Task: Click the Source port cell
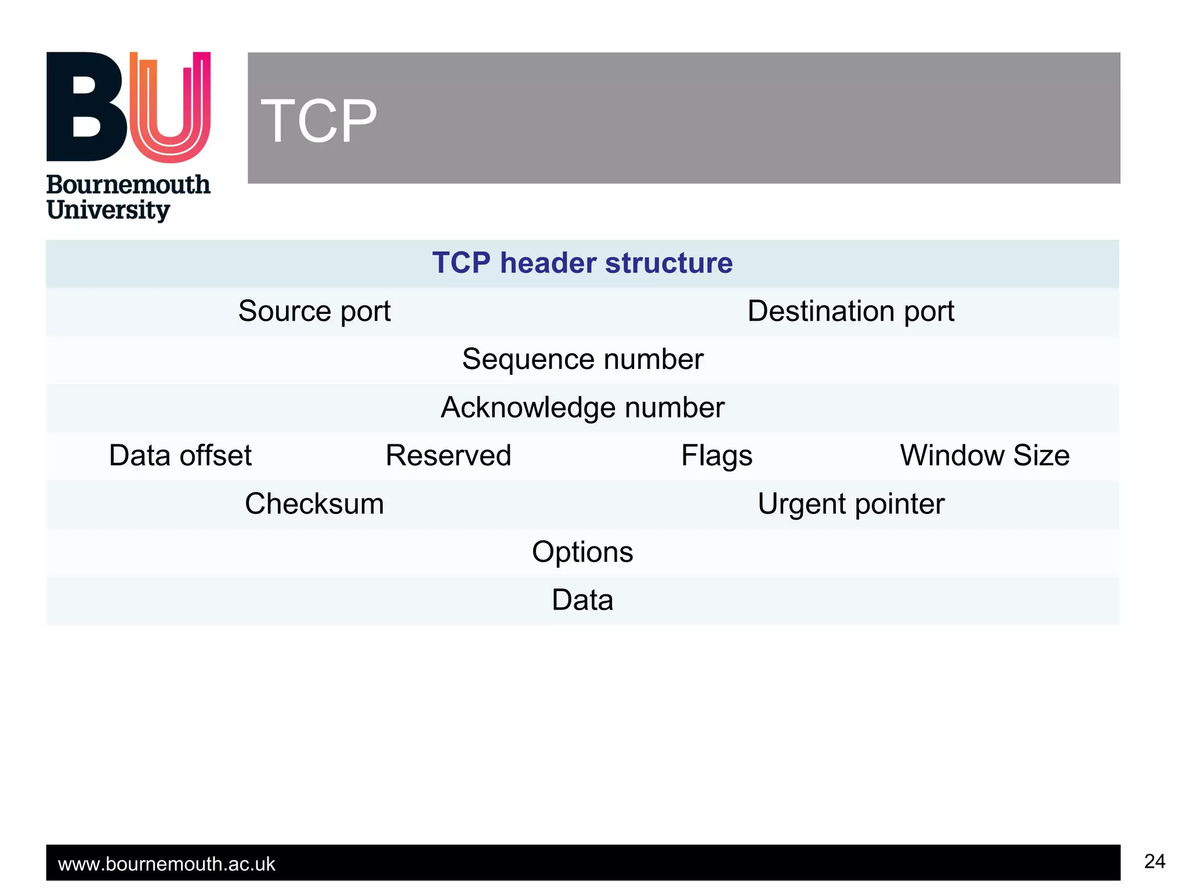314,312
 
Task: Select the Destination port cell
850,312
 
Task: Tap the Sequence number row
582,360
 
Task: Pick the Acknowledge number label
582,408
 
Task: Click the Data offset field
180,456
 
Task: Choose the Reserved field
448,456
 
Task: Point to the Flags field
716,456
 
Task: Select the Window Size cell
984,456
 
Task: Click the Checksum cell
314,504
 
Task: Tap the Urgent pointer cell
850,504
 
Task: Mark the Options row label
582,552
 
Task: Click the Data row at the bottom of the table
582,600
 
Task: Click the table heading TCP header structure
582,263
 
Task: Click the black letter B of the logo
87,107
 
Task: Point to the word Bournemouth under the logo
128,185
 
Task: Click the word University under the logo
108,210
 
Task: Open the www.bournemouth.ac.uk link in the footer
166,864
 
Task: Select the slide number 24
1154,861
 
